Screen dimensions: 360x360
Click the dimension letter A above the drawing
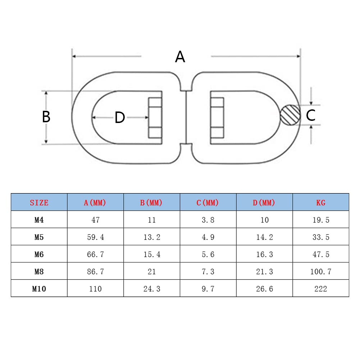click(x=180, y=57)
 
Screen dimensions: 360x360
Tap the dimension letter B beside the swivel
click(x=46, y=117)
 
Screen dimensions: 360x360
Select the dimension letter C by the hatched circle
click(x=310, y=115)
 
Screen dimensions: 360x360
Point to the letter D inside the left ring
click(x=119, y=118)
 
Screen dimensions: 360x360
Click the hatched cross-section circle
click(x=290, y=115)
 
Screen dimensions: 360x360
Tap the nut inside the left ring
click(x=155, y=118)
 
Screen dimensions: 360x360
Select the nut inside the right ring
click(x=217, y=118)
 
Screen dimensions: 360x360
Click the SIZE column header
click(x=39, y=202)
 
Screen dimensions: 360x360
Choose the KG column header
click(x=320, y=202)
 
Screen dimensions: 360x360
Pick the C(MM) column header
click(x=208, y=202)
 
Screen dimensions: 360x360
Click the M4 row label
click(x=39, y=220)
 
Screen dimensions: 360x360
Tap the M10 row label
click(x=39, y=288)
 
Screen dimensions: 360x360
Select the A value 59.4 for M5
click(x=95, y=237)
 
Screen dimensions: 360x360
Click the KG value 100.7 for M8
click(x=320, y=272)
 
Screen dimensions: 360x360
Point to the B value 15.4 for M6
click(x=152, y=254)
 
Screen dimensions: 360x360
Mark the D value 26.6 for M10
click(x=264, y=288)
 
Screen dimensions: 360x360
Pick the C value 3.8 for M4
click(x=208, y=220)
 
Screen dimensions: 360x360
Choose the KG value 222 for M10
click(x=320, y=288)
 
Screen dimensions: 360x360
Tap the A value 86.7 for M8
click(x=95, y=272)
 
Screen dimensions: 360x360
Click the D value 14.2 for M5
click(x=264, y=237)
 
